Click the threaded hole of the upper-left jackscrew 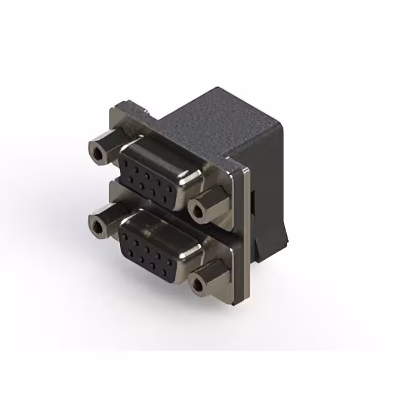[x=97, y=151]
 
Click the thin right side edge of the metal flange [x=247, y=234]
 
